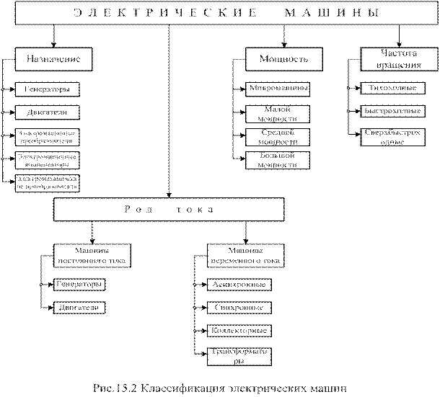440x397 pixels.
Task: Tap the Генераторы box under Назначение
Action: coord(48,90)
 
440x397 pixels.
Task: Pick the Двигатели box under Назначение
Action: coord(48,113)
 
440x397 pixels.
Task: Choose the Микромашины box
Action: coord(278,89)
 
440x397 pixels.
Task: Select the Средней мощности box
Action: coord(278,137)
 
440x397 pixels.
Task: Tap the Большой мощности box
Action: coord(278,161)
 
